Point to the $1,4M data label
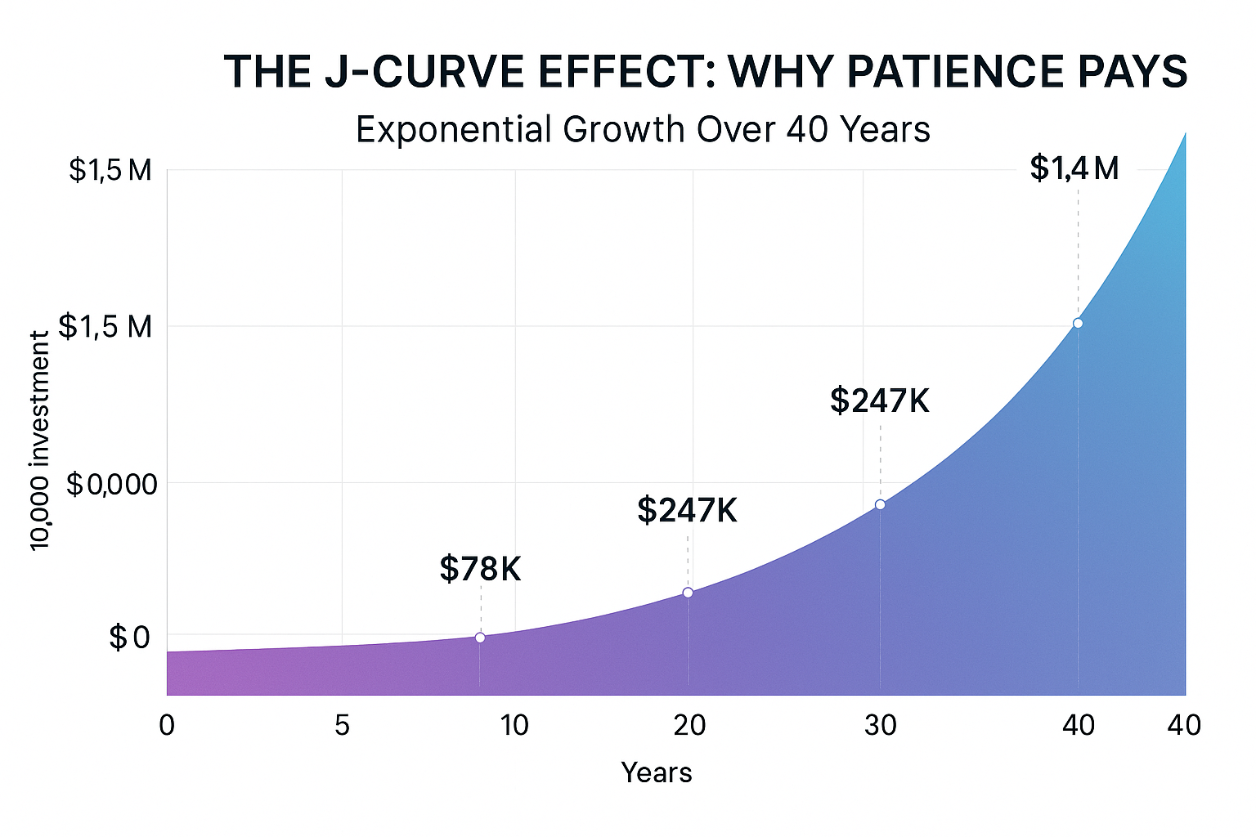1074,168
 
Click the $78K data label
480,569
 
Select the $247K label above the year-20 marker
687,510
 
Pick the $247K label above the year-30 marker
880,401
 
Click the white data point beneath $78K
480,638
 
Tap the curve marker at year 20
688,593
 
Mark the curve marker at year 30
880,504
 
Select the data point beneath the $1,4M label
1078,323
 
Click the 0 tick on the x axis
167,725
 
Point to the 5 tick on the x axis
342,725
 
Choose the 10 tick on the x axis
514,725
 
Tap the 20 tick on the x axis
689,725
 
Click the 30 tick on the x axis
881,725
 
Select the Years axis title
657,772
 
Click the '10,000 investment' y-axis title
39,441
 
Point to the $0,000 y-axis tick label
111,485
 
